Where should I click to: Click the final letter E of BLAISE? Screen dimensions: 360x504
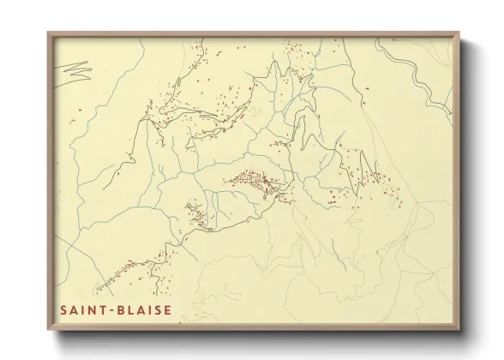coord(167,310)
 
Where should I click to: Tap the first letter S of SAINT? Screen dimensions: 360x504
coord(63,310)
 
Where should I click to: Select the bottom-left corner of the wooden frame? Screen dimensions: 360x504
coord(48,329)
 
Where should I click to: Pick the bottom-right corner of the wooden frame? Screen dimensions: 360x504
coord(460,329)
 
